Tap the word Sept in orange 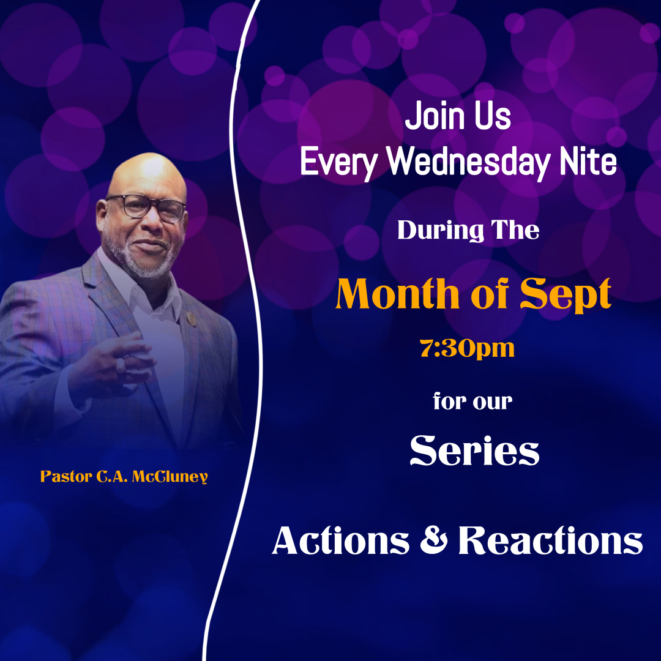click(566, 294)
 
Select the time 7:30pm click(467, 349)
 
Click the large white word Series click(474, 450)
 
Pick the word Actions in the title click(341, 540)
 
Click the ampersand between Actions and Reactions click(433, 540)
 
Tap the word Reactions click(551, 540)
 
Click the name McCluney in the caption click(170, 477)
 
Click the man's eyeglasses click(146, 207)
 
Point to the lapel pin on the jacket click(192, 318)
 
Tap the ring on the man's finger click(121, 364)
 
